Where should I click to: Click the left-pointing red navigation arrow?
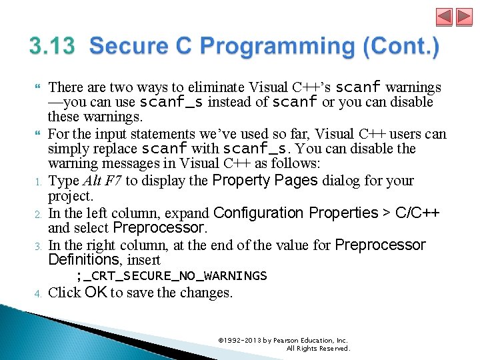click(x=445, y=17)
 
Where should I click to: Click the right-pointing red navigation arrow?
click(x=463, y=17)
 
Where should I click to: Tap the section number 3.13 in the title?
click(x=54, y=47)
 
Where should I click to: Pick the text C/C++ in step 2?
click(x=417, y=213)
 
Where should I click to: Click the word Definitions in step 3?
click(x=83, y=259)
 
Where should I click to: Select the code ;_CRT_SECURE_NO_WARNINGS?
click(x=171, y=276)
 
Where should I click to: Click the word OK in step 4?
click(x=96, y=292)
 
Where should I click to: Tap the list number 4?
click(x=39, y=293)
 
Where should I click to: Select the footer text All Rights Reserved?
click(x=318, y=349)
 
